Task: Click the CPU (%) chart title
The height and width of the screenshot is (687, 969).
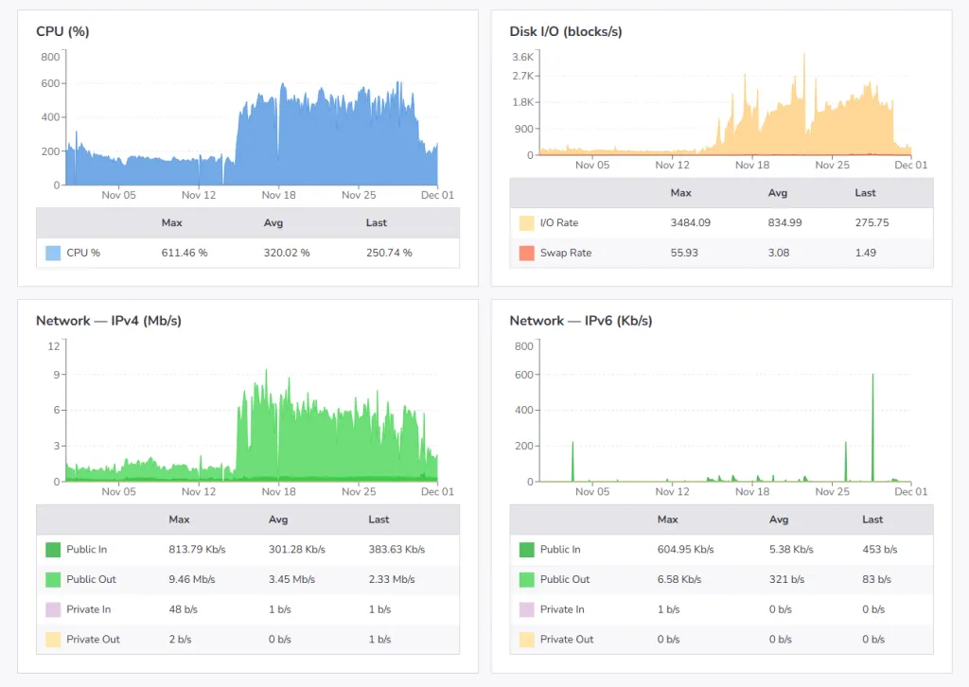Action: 62,31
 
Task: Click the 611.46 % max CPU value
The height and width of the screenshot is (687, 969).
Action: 185,253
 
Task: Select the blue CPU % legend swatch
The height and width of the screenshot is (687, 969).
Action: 53,253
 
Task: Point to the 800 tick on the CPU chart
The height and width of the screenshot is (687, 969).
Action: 50,57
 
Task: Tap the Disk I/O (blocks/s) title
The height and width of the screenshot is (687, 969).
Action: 565,31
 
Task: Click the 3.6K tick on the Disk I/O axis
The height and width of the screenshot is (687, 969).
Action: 524,57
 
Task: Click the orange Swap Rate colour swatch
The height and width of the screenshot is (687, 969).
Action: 526,253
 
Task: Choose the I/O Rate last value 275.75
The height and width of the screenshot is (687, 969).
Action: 872,222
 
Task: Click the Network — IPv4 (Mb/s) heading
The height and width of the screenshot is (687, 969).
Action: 109,321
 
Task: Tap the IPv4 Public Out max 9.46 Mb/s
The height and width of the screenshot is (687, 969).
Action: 191,579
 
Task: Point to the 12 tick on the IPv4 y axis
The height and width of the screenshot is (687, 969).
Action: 54,346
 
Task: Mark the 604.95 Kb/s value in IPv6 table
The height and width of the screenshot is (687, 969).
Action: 685,549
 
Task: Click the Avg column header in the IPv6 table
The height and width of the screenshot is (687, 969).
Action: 779,520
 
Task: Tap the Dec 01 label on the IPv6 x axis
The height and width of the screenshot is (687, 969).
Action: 911,491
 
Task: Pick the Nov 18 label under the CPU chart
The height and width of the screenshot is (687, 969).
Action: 279,195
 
